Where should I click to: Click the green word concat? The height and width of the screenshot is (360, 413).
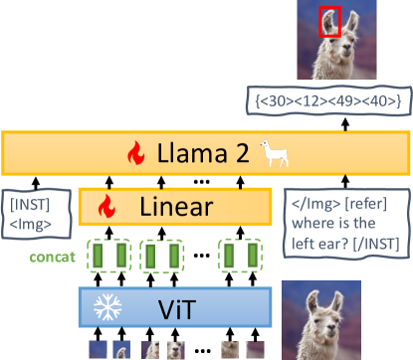point(56,257)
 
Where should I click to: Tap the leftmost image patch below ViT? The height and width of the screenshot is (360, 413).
point(99,349)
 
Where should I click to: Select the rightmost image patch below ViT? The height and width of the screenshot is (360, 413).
point(256,349)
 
